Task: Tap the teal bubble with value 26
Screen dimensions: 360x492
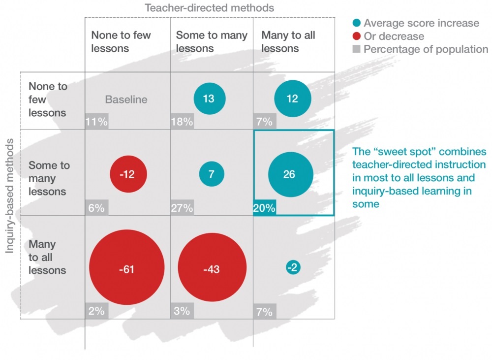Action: point(290,174)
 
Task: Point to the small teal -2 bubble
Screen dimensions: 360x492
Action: point(293,267)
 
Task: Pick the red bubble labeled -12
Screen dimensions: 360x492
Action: point(128,174)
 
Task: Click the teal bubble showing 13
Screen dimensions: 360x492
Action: point(210,98)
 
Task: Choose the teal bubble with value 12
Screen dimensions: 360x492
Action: point(293,98)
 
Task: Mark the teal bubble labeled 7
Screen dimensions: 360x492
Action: point(212,174)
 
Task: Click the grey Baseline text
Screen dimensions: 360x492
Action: point(126,99)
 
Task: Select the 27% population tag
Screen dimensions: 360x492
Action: point(182,208)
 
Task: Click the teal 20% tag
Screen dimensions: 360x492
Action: point(264,208)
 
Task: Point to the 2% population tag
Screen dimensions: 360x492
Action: point(96,311)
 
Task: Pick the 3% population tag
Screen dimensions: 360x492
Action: point(182,311)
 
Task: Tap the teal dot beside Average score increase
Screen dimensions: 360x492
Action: point(356,23)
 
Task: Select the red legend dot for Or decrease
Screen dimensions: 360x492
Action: point(356,36)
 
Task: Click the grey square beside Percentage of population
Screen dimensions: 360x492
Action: point(356,49)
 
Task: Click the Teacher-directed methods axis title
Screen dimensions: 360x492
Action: point(209,8)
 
